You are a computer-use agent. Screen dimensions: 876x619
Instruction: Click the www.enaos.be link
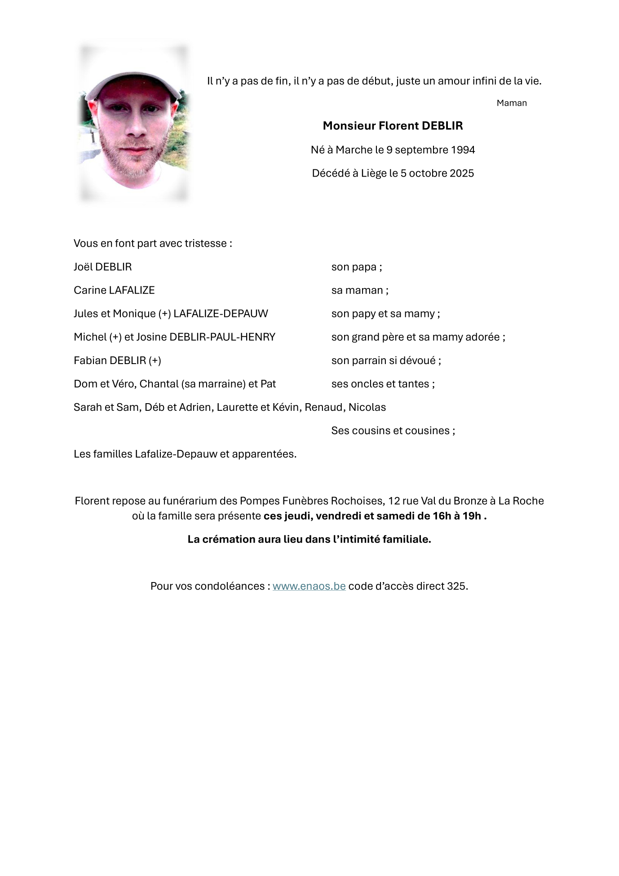click(309, 586)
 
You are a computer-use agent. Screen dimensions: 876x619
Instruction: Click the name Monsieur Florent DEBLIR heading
click(393, 126)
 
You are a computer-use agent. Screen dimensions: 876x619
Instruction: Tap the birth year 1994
click(463, 150)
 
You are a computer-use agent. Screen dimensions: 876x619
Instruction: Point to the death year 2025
click(462, 173)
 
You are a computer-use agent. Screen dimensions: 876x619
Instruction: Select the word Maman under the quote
click(512, 103)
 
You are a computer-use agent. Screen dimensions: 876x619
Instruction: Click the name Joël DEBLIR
click(103, 267)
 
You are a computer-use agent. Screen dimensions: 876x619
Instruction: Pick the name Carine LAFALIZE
click(114, 290)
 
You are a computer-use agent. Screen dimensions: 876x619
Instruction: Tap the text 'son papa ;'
click(357, 267)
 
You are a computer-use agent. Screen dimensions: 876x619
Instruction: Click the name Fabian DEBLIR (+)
click(117, 360)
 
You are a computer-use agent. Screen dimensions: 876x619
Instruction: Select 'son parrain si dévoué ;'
click(386, 360)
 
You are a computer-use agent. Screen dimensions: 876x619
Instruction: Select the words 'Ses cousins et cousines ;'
click(393, 431)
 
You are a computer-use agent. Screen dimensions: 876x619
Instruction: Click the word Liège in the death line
click(374, 173)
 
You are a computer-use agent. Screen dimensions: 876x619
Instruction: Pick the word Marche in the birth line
click(354, 150)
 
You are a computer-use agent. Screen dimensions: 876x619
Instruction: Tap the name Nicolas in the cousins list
click(367, 407)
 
